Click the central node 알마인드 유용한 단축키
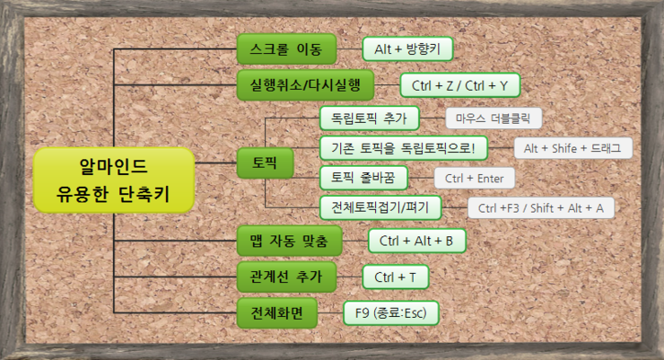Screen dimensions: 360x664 (113, 180)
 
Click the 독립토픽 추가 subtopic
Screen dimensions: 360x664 (369, 119)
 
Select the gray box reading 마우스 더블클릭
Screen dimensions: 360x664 (494, 119)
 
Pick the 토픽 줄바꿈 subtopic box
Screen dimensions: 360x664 (370, 178)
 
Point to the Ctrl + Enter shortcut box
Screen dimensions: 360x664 (475, 178)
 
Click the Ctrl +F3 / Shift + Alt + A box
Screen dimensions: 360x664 (541, 208)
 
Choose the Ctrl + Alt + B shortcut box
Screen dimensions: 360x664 (417, 241)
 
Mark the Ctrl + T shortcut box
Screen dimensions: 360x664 (400, 277)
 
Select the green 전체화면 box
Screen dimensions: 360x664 (279, 312)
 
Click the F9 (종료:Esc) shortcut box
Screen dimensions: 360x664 (391, 312)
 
